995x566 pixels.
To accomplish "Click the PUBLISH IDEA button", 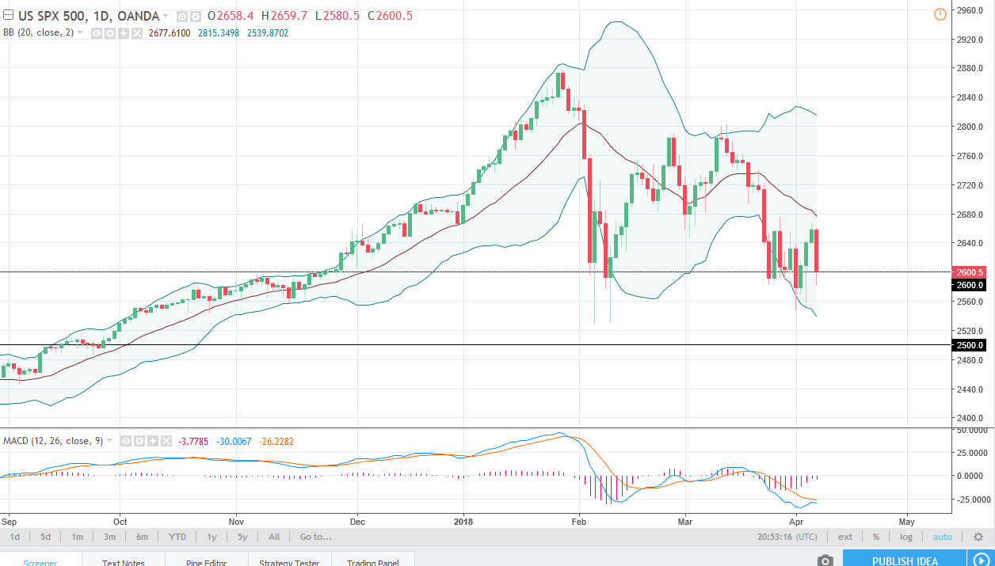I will click(x=905, y=560).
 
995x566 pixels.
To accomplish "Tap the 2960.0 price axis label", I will click(x=970, y=11).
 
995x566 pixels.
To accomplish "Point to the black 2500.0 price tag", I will click(x=970, y=345).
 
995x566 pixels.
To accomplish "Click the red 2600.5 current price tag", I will click(x=970, y=272).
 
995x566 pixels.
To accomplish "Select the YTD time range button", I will click(x=177, y=537).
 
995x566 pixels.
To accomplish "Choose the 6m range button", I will click(x=142, y=537).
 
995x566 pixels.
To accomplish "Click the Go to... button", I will click(x=315, y=537).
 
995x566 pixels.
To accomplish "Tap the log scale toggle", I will click(x=905, y=537).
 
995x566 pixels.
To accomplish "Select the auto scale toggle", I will click(x=943, y=537).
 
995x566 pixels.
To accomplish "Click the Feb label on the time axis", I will click(x=579, y=522).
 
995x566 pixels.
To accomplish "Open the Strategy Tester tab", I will click(x=289, y=562).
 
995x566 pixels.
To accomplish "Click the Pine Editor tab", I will click(x=205, y=562).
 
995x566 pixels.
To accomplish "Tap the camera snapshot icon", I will click(x=825, y=560).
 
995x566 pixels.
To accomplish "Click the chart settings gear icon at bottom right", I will click(x=978, y=537).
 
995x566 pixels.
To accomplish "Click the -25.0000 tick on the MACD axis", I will click(x=970, y=500).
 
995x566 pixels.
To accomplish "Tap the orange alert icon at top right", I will click(x=940, y=13).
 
